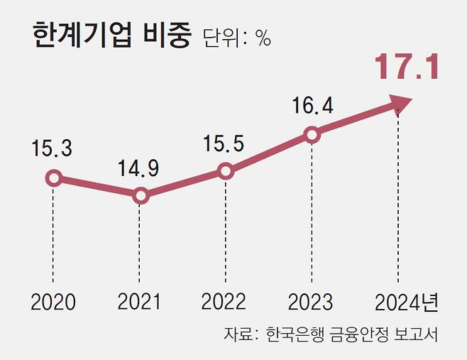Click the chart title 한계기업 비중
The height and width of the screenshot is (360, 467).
[112, 38]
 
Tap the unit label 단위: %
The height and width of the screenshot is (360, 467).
[237, 38]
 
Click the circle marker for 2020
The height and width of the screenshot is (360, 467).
[53, 178]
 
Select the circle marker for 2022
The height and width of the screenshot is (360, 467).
[225, 171]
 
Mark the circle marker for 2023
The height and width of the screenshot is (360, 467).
[311, 134]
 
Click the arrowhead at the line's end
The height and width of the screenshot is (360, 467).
[401, 105]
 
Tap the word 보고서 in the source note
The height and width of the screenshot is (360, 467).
[417, 334]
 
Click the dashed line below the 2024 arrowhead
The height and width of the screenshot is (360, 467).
[398, 199]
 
